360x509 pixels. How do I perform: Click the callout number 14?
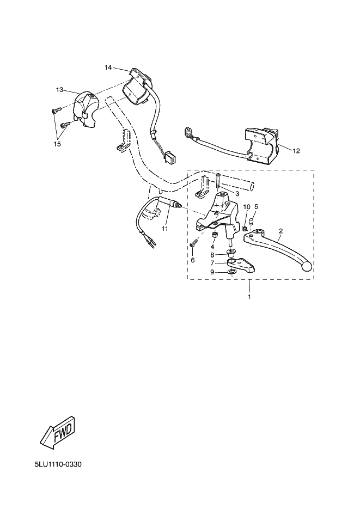coord(108,67)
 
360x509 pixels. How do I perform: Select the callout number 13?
coord(59,90)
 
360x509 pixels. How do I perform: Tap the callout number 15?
coord(57,144)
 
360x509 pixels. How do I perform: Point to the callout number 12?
coord(296,151)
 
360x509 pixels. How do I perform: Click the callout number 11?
coord(165,229)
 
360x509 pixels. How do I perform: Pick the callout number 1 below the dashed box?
coord(249,297)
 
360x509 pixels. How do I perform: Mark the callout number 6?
coord(192,260)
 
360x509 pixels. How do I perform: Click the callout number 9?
coord(212,272)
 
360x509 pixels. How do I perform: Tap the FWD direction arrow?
coord(60,433)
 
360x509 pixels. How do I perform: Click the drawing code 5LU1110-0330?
coord(58,464)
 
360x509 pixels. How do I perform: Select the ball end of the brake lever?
coord(307,266)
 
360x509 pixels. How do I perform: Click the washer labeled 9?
coord(231,272)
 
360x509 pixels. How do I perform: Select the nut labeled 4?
coord(214,235)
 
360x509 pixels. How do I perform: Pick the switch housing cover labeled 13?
coord(85,109)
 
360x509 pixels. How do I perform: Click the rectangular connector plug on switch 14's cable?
coord(170,157)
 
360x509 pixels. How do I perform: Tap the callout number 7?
coord(212,263)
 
